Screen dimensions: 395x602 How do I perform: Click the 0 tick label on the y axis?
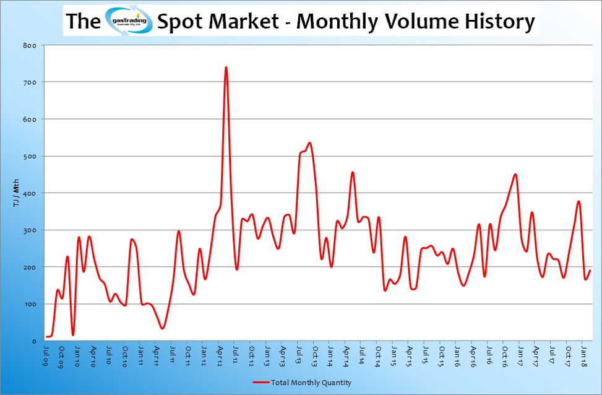[x=35, y=341]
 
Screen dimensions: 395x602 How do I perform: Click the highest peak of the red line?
[x=226, y=67]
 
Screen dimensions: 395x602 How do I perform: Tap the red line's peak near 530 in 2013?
[x=309, y=143]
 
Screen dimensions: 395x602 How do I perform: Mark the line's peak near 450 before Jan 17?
[x=515, y=174]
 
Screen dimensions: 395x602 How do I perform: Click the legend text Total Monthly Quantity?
[x=311, y=383]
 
